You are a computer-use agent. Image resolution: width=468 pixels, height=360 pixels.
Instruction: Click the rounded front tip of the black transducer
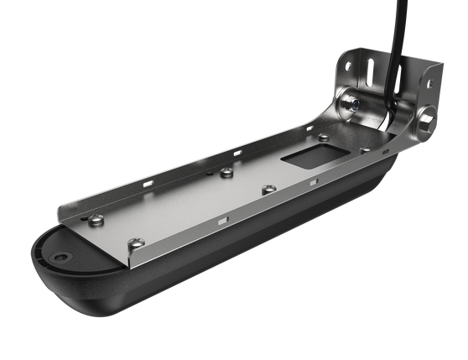pyautogui.click(x=38, y=252)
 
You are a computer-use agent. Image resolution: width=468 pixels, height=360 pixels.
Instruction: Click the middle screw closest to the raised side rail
pyautogui.click(x=226, y=174)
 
